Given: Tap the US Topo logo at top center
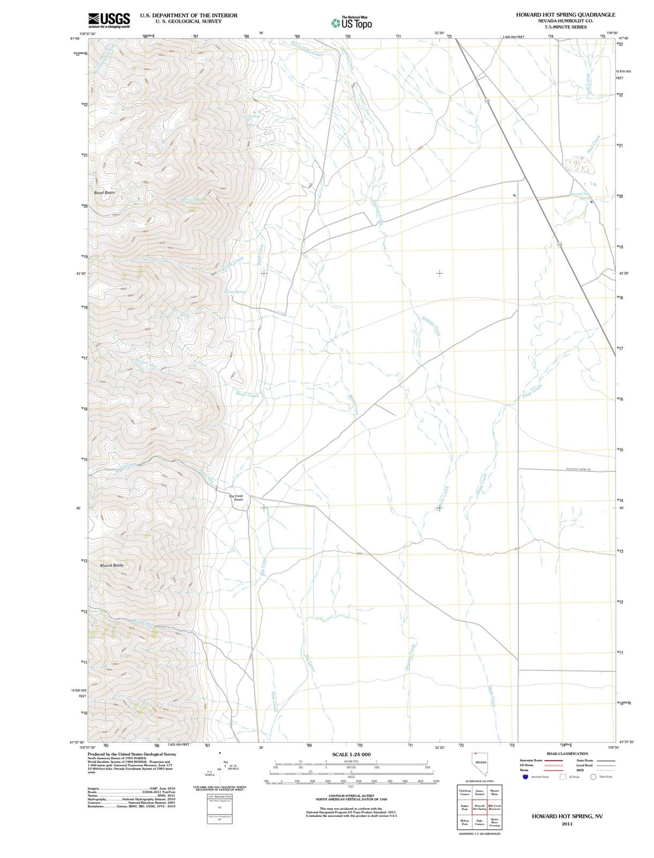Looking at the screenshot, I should [352, 23].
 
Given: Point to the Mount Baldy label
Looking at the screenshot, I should [112, 565].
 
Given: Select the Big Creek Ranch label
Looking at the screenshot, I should [236, 498].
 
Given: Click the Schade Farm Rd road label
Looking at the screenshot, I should [578, 469].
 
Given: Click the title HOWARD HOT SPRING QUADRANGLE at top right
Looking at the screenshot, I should [566, 15].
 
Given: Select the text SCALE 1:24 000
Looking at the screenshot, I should [351, 755].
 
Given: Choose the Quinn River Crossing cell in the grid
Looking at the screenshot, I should [495, 822].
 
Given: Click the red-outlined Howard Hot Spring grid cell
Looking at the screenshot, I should [480, 807].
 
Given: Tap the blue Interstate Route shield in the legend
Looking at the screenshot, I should [526, 776].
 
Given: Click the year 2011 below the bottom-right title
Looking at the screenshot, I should [567, 824].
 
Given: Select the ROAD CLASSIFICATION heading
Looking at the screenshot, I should [568, 753].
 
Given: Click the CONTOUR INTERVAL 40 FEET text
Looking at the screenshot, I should [351, 796].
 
